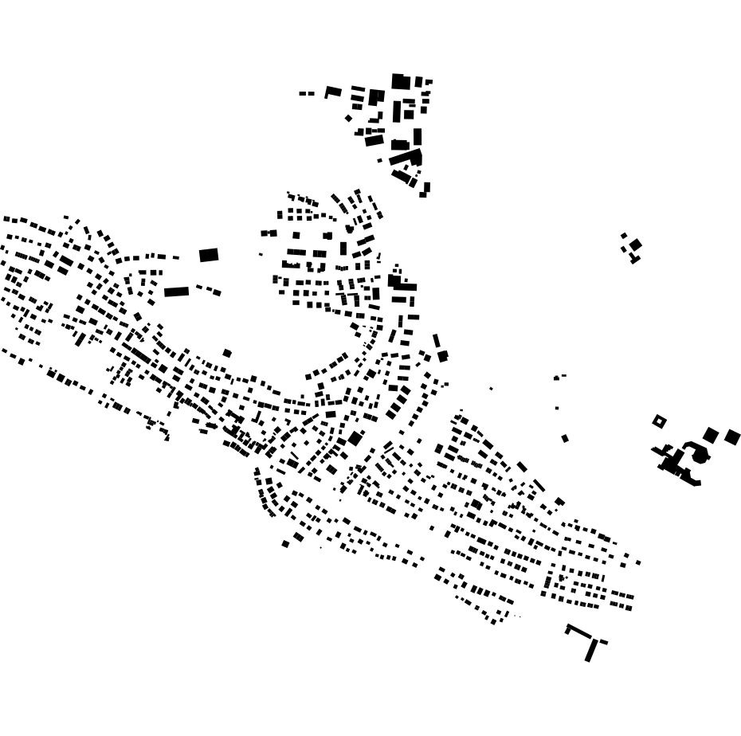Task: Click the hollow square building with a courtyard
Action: point(659,421)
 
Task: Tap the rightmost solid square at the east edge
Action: point(732,437)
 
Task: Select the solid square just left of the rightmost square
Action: point(710,435)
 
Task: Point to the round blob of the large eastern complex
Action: point(699,455)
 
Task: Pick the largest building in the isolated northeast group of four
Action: point(635,245)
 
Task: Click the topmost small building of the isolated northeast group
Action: point(624,235)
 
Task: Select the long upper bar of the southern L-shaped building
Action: point(579,631)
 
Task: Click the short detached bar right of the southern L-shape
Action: point(604,642)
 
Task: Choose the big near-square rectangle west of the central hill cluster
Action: point(209,255)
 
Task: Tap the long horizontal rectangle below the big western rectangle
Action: point(177,292)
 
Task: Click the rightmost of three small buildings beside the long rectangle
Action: point(217,292)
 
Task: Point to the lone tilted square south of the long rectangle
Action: point(227,353)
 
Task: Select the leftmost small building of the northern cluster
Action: point(303,94)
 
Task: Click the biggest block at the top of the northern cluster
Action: point(401,81)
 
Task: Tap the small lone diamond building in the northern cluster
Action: point(348,118)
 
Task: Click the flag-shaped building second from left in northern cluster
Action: point(333,92)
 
